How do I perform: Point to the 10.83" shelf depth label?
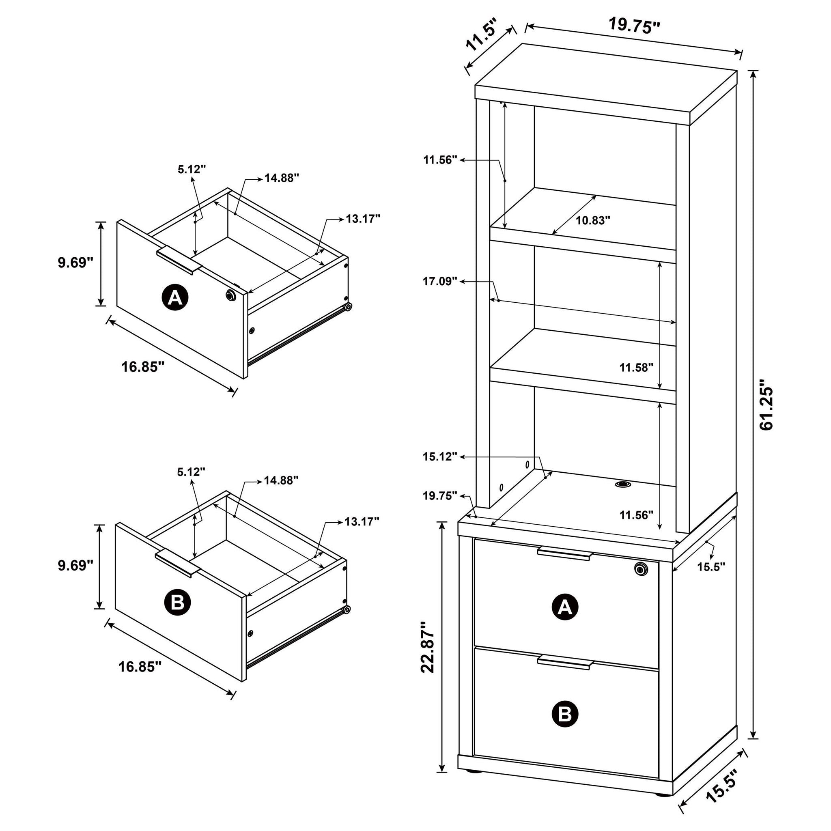click(x=593, y=221)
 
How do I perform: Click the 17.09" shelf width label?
click(x=439, y=281)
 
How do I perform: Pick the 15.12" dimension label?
click(x=439, y=457)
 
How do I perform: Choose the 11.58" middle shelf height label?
click(x=636, y=367)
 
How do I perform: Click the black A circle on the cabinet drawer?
click(x=565, y=607)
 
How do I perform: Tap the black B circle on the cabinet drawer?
click(x=565, y=714)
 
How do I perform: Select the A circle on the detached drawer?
click(x=174, y=297)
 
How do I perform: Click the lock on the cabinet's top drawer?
click(x=640, y=569)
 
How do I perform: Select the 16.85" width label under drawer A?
click(x=143, y=367)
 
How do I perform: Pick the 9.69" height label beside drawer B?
click(x=76, y=565)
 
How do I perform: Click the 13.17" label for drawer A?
click(x=363, y=219)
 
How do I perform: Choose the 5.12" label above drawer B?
click(x=192, y=472)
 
